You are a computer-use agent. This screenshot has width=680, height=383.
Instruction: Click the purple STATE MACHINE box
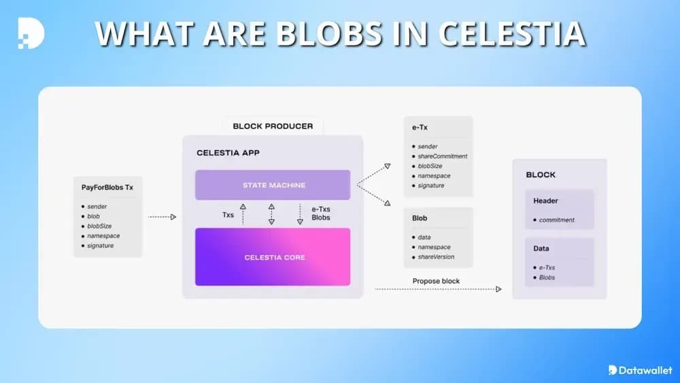273,185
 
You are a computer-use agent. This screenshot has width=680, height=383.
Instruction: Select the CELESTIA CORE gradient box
273,257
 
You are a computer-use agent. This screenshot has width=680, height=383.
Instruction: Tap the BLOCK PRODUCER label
273,126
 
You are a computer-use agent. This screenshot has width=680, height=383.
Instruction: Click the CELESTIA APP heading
228,153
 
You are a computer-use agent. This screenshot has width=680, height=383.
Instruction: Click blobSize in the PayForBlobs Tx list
99,226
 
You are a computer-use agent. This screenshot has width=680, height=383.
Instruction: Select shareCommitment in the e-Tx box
443,156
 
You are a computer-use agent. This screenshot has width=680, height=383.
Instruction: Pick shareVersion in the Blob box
436,257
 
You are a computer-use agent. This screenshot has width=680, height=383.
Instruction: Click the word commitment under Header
556,220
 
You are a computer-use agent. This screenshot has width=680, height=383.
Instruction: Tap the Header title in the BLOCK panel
545,201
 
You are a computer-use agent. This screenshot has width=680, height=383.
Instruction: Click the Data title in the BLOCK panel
541,248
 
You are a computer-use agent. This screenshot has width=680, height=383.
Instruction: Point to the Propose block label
436,281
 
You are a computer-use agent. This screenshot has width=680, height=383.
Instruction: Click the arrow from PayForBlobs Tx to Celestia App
162,217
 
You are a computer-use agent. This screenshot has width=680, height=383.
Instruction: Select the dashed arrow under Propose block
438,290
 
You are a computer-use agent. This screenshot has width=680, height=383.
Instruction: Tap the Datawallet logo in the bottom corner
640,370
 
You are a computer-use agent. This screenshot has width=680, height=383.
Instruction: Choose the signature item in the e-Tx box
431,186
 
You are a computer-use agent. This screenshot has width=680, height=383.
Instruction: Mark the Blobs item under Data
547,278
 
